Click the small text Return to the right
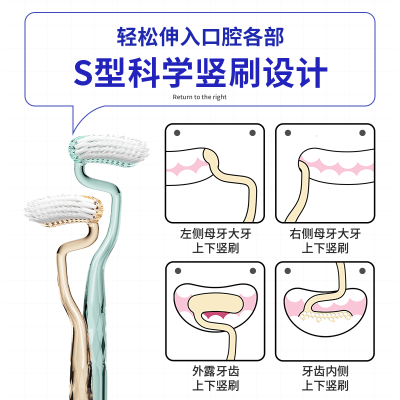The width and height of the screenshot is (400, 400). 199,97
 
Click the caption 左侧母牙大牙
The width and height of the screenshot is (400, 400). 215,233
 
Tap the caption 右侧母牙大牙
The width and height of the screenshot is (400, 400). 325,233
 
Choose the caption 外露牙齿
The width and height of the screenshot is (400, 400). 215,371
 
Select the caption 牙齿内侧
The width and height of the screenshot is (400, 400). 325,371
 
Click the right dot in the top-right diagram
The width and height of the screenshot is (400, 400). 362,133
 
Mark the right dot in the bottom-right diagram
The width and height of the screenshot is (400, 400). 362,270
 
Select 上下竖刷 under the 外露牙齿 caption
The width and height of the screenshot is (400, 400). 215,385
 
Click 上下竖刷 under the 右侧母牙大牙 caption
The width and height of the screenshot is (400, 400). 325,248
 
